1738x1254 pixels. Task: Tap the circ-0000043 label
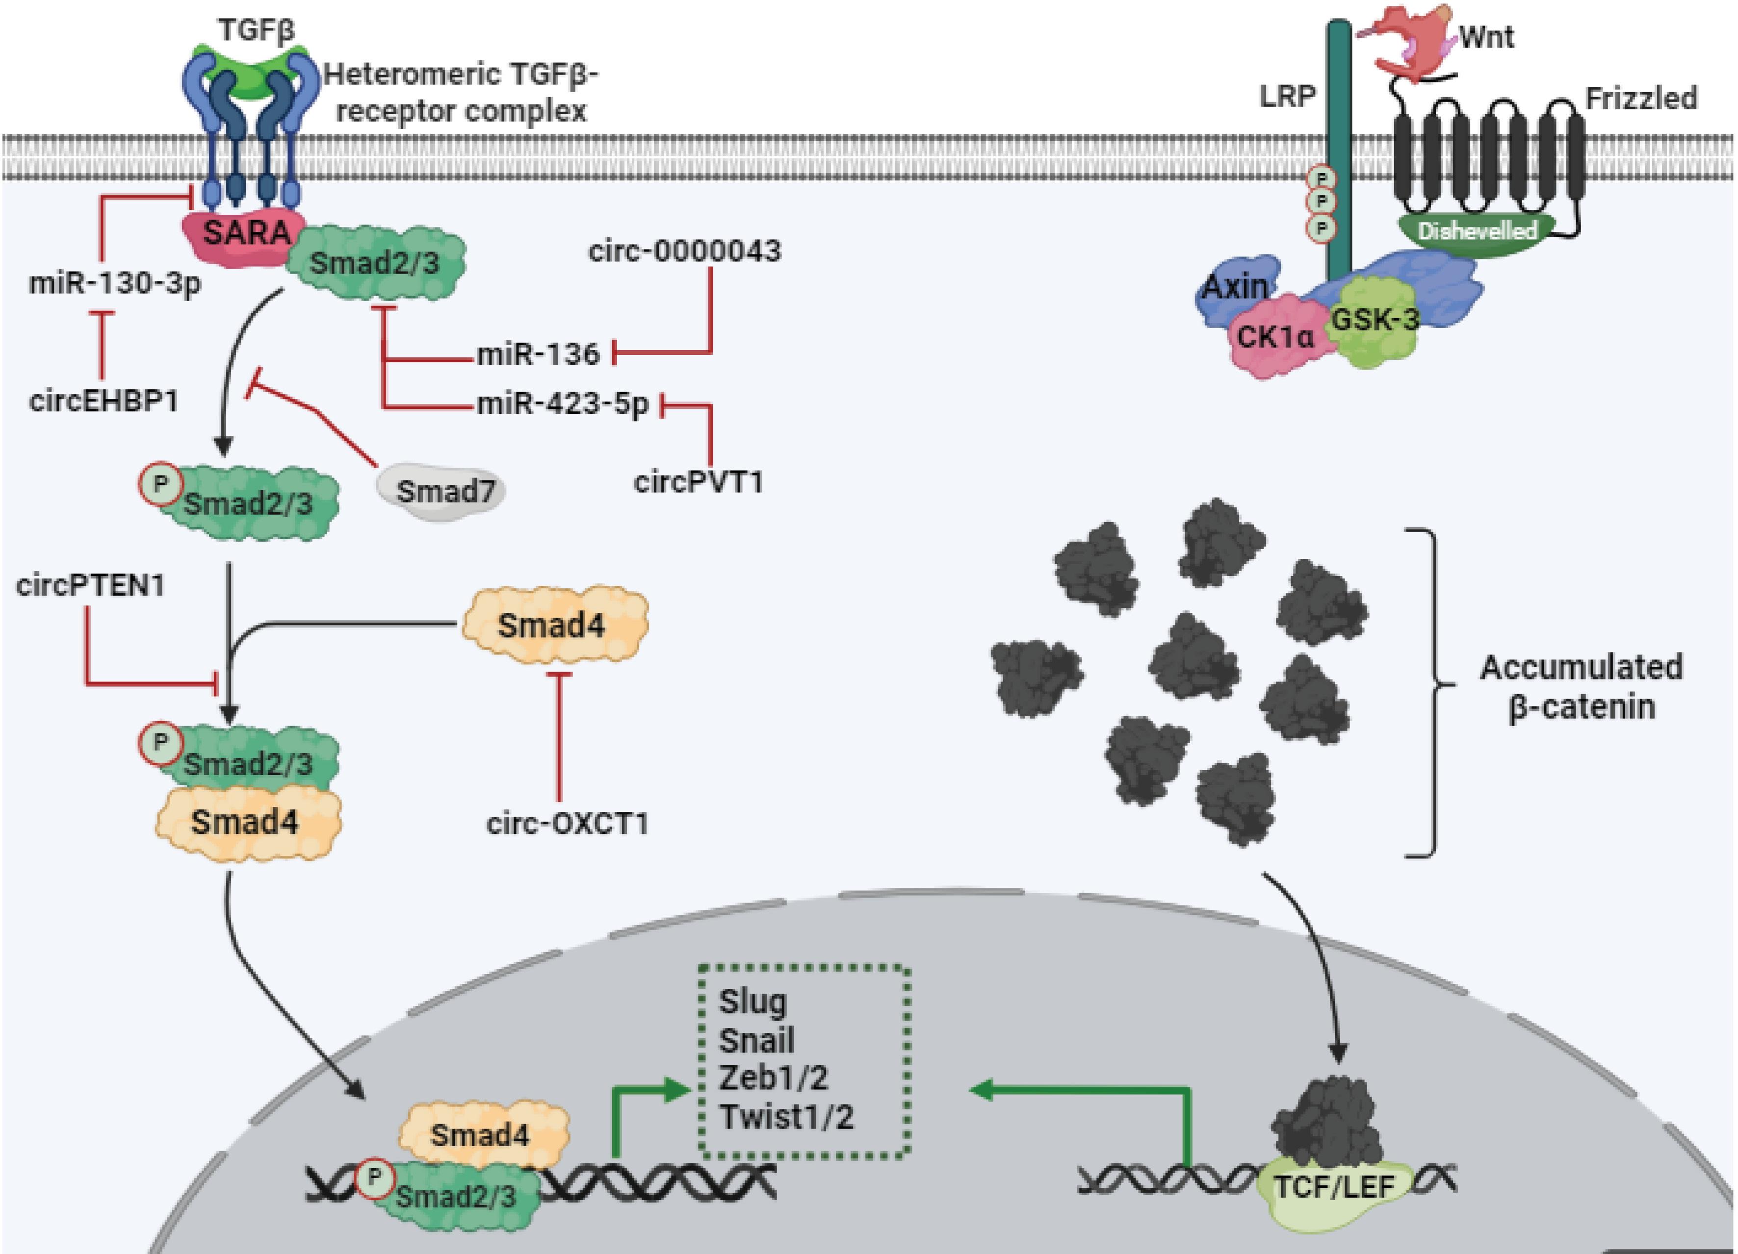684,251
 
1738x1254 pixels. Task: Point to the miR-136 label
538,354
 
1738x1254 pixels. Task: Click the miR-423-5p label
563,403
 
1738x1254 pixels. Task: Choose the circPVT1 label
698,482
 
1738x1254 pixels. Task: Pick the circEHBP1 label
104,401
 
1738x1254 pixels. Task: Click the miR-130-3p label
115,283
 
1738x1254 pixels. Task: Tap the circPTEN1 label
90,586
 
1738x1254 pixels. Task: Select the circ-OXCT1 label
567,824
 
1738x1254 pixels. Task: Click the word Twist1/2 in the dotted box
785,1117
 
